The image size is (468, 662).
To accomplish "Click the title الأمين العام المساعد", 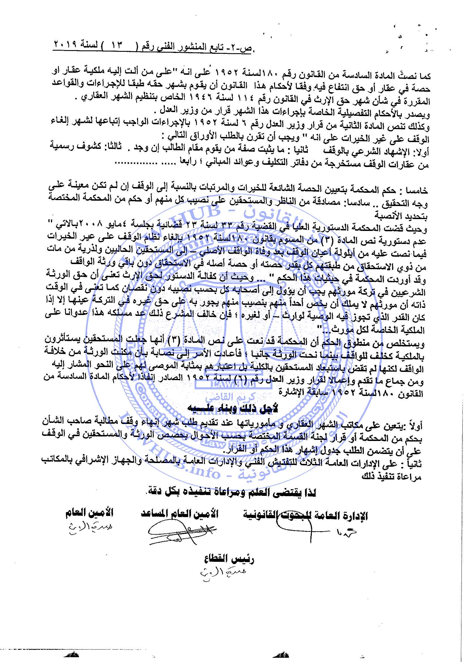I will pos(180,513).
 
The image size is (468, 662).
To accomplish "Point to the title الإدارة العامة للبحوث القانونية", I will pos(306,515).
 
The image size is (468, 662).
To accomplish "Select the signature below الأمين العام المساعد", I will pos(182,532).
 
